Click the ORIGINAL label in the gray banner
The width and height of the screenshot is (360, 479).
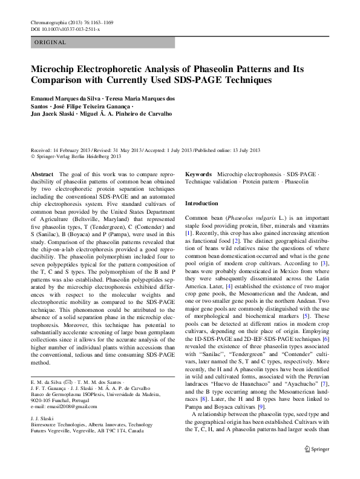50,43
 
